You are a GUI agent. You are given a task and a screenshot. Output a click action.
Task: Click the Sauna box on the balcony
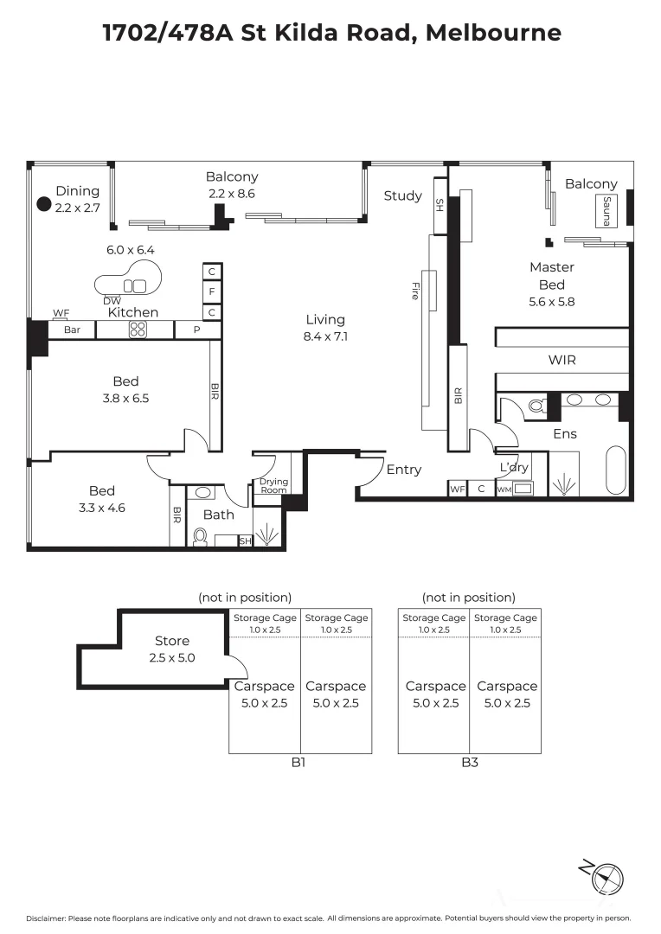[606, 210]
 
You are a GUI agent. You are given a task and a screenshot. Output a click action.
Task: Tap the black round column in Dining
[44, 204]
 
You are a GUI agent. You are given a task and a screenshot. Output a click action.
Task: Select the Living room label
[325, 320]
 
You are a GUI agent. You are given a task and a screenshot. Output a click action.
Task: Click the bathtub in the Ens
[616, 470]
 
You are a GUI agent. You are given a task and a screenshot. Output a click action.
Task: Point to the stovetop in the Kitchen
[138, 329]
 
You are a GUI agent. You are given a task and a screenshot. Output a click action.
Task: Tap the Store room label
[172, 641]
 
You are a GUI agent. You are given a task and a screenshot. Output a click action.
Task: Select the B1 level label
[298, 763]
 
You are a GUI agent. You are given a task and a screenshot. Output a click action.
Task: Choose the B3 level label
[471, 763]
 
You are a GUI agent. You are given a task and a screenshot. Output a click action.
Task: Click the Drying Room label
[273, 485]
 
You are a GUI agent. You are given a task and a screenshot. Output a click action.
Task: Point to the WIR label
[562, 360]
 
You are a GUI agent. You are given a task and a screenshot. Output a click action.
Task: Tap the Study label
[403, 196]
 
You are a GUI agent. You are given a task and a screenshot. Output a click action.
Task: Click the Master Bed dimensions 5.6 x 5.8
[552, 302]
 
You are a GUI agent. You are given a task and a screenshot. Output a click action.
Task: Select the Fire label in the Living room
[415, 291]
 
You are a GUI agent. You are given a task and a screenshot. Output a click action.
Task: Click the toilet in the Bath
[200, 537]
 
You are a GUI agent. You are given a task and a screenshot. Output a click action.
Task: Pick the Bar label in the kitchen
[72, 329]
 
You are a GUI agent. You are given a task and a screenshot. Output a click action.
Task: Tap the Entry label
[403, 470]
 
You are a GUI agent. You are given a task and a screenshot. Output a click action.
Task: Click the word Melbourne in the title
[493, 32]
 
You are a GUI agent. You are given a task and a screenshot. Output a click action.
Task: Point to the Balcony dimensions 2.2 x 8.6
[232, 194]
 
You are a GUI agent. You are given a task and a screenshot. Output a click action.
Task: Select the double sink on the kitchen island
[139, 286]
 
